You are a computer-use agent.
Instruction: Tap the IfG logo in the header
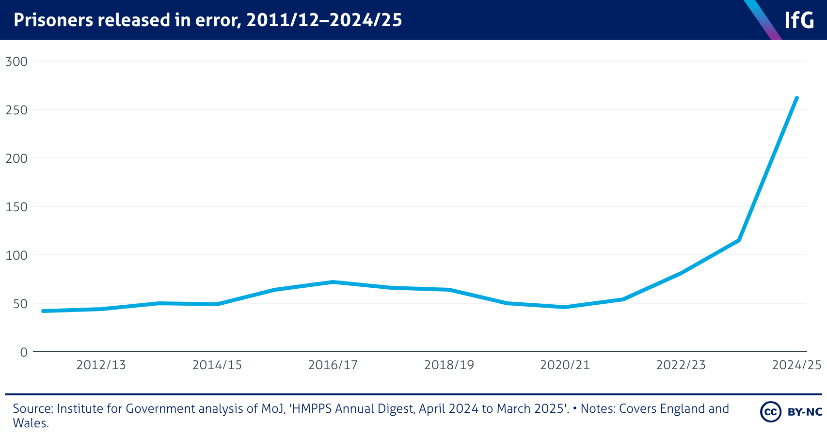[799, 20]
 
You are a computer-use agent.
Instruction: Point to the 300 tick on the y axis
[16, 62]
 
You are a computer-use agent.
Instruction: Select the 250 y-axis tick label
[16, 110]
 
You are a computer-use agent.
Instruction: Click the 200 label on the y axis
[16, 158]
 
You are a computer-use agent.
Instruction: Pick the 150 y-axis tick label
[16, 207]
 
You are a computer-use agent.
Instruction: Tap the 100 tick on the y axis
[16, 255]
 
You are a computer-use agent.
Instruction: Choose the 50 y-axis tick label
[20, 304]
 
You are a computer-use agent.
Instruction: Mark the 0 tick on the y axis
[24, 352]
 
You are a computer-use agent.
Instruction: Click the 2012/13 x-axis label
[101, 365]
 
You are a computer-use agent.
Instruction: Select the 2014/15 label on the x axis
[217, 365]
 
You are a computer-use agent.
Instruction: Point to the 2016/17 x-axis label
[333, 365]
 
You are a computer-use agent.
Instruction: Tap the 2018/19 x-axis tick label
[449, 365]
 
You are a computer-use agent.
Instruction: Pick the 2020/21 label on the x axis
[565, 365]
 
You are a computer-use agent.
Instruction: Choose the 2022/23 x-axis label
[681, 365]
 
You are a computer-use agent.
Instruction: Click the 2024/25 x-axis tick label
[796, 365]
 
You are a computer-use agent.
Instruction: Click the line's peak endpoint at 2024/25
[796, 98]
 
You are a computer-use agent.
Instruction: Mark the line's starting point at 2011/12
[43, 311]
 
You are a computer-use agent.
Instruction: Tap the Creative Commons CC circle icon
[770, 412]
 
